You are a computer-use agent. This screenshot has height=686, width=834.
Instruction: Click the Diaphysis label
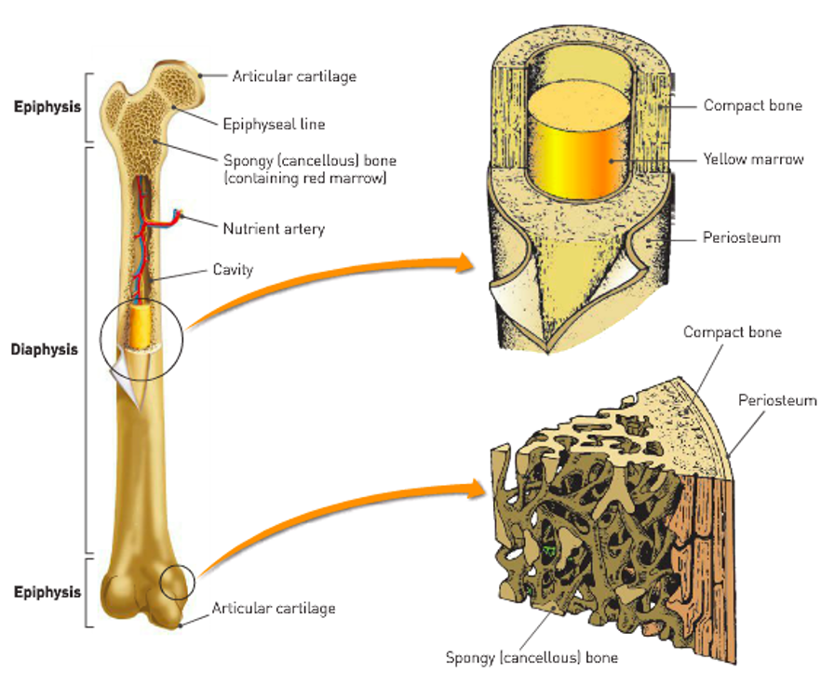44,349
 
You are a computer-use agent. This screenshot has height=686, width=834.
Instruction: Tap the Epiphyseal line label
274,124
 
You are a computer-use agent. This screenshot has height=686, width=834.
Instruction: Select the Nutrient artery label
274,229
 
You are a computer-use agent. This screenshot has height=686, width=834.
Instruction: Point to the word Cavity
233,270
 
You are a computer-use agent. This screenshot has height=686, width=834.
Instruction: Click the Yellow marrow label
753,159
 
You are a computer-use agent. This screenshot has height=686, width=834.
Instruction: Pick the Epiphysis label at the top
47,106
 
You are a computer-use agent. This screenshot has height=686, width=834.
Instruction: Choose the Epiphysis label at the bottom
47,592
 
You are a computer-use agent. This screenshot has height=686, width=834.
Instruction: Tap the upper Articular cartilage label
294,76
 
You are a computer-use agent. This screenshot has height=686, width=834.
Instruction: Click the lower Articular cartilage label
274,608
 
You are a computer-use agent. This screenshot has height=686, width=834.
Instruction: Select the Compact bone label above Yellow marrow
753,105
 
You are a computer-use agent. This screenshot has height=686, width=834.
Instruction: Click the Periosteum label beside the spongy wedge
777,400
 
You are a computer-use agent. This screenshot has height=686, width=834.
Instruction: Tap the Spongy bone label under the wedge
531,658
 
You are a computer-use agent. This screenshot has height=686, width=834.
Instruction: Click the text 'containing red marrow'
304,178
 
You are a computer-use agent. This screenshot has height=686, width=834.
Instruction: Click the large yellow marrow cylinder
576,141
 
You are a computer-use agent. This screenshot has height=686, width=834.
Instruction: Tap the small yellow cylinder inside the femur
141,326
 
